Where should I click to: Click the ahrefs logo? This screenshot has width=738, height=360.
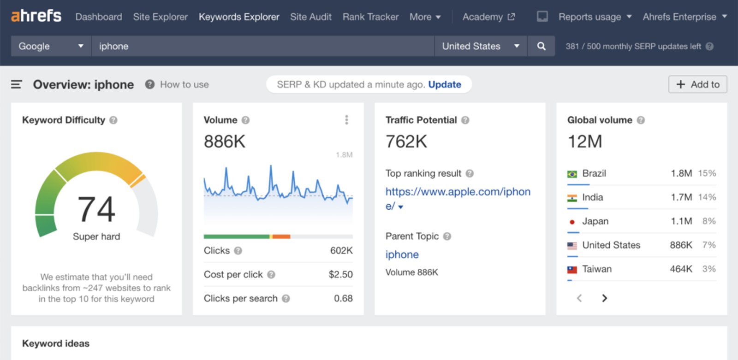coord(36,16)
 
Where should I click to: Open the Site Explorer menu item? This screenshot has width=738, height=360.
coord(160,17)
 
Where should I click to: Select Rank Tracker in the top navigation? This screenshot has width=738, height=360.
coord(370,17)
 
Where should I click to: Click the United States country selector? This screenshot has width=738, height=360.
coord(480,46)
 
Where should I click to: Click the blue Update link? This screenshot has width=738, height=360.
coord(444,84)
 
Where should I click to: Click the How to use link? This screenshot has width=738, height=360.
coord(184,84)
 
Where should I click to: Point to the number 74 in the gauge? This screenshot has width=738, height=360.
coord(96,209)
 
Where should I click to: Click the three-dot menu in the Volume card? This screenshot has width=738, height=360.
coord(346,120)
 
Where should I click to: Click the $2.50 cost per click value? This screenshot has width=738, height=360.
coord(340,274)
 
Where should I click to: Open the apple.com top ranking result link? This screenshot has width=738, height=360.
coord(458,192)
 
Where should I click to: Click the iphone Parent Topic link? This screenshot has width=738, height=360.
coord(402,254)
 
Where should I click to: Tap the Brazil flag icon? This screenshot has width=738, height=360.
coord(572,174)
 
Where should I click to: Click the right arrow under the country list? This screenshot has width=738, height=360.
coord(604,298)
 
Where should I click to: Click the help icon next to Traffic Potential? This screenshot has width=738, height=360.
coord(465,120)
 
